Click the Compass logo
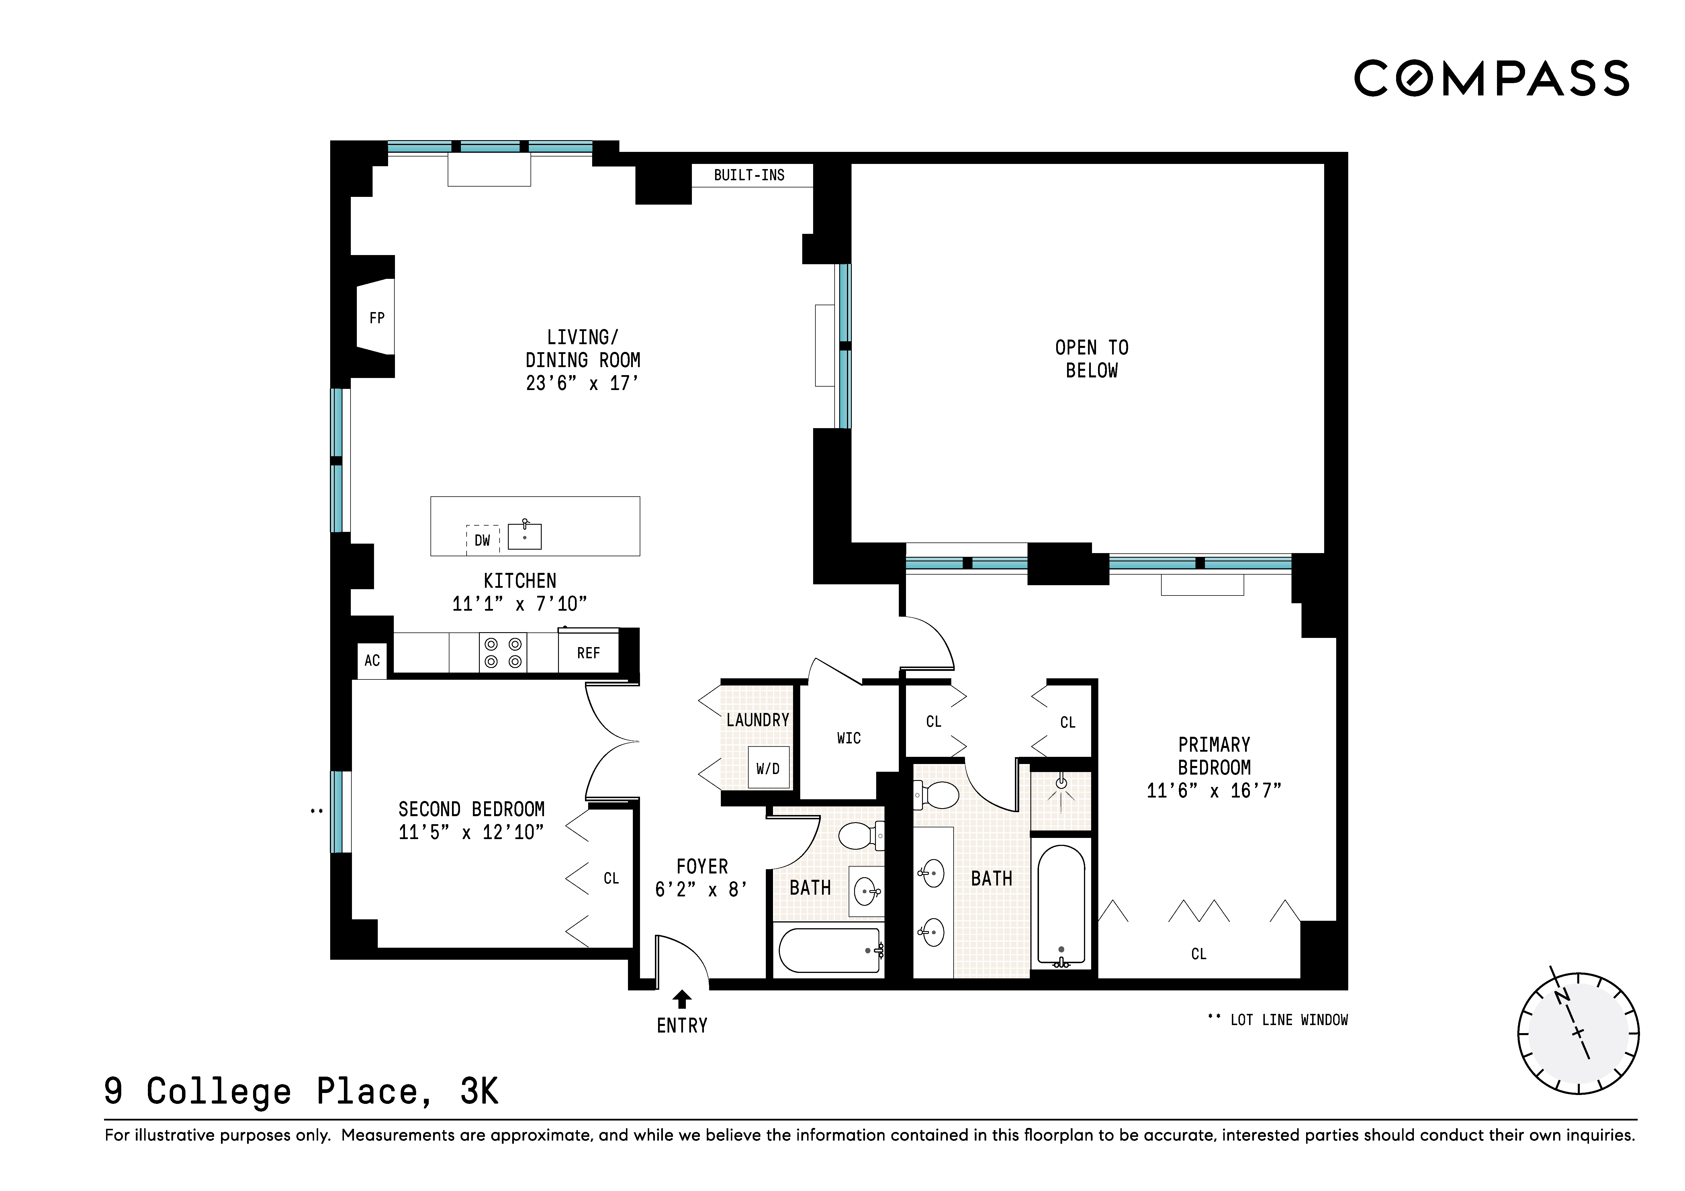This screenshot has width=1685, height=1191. [x=1491, y=79]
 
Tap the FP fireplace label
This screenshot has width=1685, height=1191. [x=377, y=318]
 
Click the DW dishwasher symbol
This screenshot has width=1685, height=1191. [x=482, y=540]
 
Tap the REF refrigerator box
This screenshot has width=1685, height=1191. [x=588, y=652]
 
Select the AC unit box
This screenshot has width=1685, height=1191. [x=372, y=661]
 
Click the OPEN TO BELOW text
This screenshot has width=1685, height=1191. [x=1091, y=359]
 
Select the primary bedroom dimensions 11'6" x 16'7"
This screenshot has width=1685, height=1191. [x=1214, y=790]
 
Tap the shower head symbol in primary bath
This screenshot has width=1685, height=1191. [x=1060, y=784]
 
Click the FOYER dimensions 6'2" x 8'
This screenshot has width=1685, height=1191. [x=702, y=890]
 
